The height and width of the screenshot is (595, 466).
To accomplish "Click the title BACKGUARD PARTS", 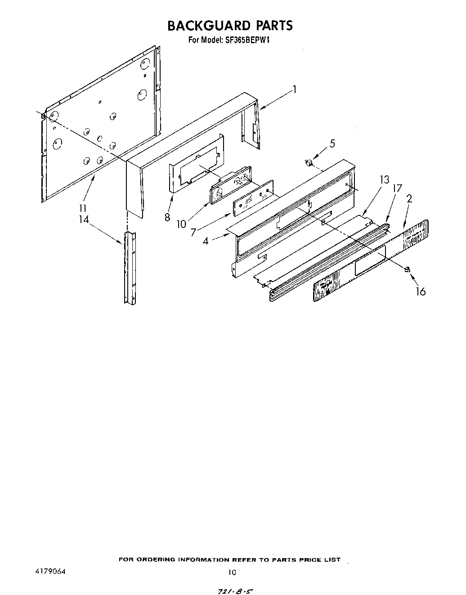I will click(230, 26).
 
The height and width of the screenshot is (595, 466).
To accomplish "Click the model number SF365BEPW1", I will click(247, 40).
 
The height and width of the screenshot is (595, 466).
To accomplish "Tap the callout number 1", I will click(295, 89).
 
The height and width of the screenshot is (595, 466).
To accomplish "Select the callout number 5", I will click(332, 143).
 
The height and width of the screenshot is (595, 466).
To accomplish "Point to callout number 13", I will click(384, 180).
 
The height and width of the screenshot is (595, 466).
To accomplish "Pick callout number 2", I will click(409, 198).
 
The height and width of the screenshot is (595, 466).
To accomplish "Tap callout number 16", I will click(420, 291).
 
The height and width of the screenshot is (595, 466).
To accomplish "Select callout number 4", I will click(206, 241).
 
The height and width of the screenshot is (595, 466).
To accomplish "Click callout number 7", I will click(193, 233).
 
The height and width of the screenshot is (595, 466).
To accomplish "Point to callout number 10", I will click(181, 224).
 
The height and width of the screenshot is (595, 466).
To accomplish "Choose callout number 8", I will click(167, 217).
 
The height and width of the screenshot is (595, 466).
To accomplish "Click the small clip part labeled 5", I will click(309, 162).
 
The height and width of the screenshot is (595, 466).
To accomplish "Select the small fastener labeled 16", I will click(407, 269).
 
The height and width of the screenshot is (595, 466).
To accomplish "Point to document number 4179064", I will click(50, 572).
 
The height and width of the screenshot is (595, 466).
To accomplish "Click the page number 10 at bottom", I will click(232, 573).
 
